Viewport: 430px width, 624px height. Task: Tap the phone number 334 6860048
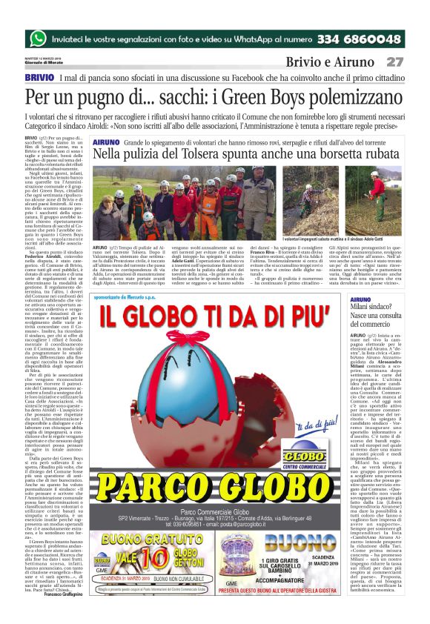click(349, 39)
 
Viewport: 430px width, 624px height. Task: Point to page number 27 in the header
click(395, 62)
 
